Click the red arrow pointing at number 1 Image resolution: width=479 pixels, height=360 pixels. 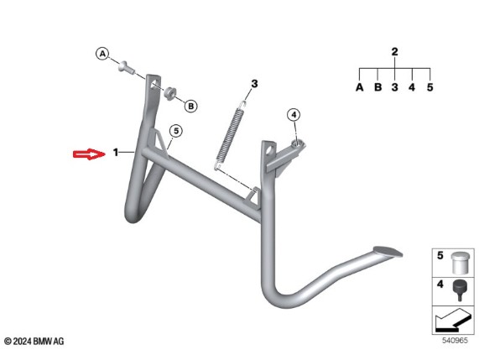(x=89, y=154)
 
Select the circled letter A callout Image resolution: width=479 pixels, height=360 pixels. (x=102, y=54)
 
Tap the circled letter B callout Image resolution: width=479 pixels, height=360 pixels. (x=191, y=106)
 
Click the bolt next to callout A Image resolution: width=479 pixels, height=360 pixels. (x=126, y=67)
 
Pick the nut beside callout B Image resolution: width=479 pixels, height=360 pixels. (x=169, y=92)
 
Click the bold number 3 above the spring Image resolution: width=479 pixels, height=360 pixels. (x=254, y=83)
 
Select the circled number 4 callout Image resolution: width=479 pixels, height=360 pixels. (x=294, y=115)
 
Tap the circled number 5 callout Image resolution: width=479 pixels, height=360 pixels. (x=176, y=131)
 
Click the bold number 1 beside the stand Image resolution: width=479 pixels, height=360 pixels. (x=116, y=152)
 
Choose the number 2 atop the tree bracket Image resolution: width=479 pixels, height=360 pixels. (x=394, y=52)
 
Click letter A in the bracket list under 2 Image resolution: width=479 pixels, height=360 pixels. (x=360, y=87)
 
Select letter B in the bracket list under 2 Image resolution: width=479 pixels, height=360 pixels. (x=377, y=87)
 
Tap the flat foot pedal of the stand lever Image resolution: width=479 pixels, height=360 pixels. (x=388, y=251)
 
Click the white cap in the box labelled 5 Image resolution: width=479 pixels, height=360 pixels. (x=459, y=263)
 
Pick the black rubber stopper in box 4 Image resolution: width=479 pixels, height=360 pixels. (x=460, y=290)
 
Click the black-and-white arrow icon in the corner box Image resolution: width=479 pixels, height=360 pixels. (x=453, y=321)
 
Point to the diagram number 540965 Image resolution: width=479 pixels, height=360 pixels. (x=455, y=340)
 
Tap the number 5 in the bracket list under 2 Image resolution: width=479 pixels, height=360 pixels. (x=430, y=87)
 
